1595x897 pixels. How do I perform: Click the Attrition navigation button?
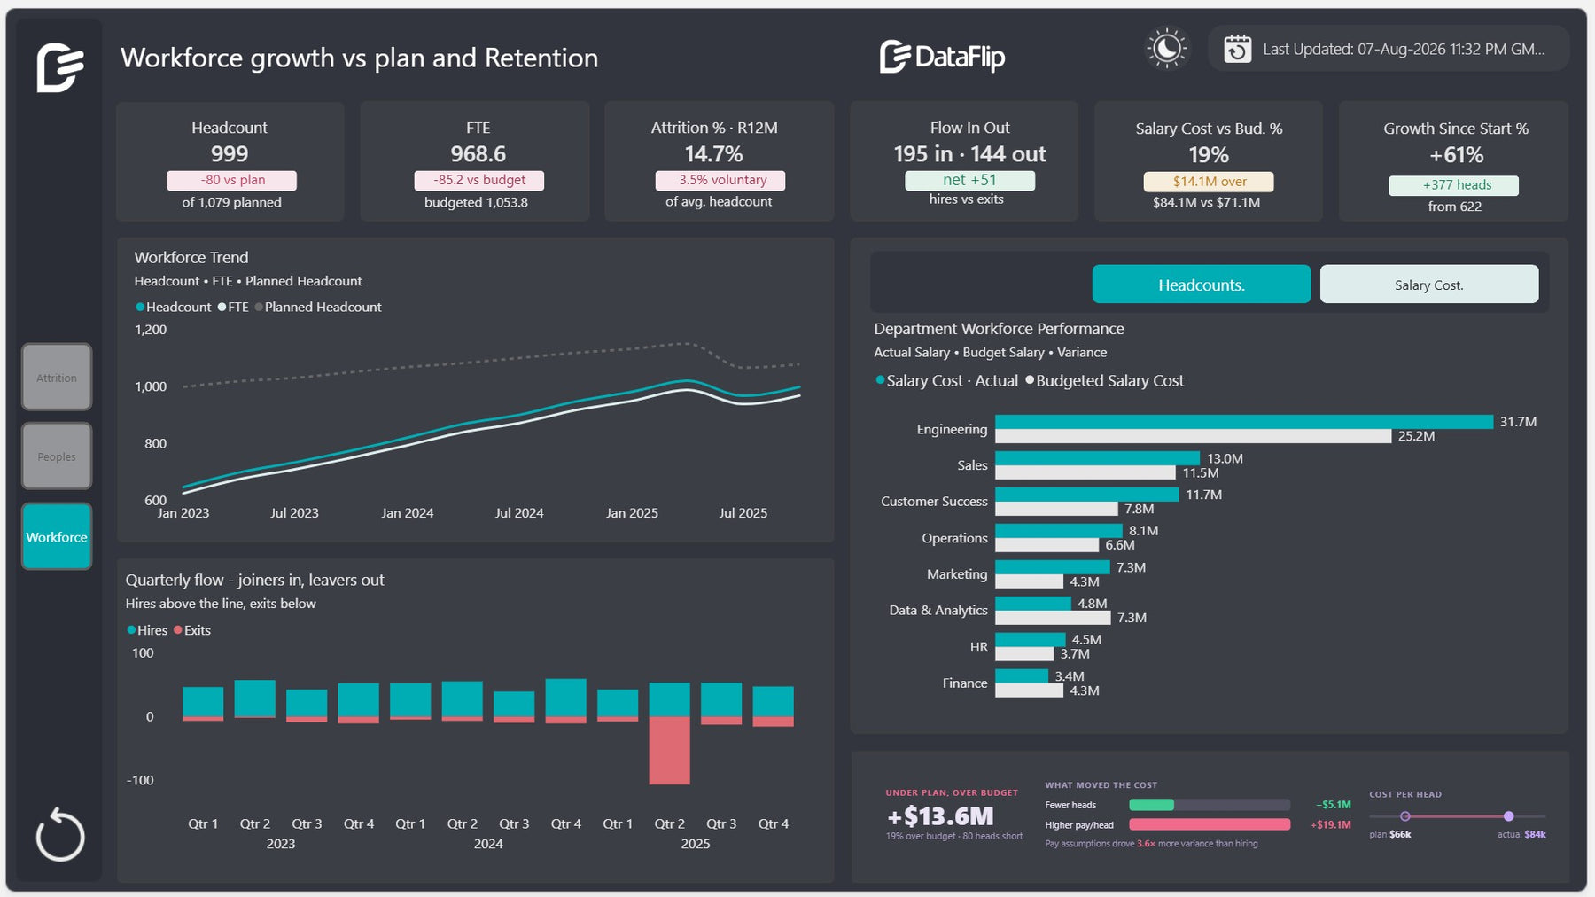57,378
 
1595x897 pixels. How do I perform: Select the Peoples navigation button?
57,456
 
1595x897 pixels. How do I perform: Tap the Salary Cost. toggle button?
1428,285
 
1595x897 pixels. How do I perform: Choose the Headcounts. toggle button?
1201,285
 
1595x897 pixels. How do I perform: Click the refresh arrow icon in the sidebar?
60,834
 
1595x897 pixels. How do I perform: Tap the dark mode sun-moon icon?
1166,49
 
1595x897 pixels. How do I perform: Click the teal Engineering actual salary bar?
1243,422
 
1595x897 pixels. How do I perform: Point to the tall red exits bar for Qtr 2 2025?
669,751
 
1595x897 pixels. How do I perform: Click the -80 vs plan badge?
231,180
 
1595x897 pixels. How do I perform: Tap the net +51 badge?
969,180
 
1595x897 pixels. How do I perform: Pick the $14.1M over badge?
1209,182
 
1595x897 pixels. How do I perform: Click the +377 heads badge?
1453,185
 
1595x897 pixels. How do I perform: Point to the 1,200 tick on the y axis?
151,330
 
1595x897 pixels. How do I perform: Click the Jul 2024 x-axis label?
519,513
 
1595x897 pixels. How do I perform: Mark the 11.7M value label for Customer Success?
1203,495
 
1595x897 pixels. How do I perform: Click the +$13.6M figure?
940,816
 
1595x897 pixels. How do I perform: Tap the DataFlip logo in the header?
942,57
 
